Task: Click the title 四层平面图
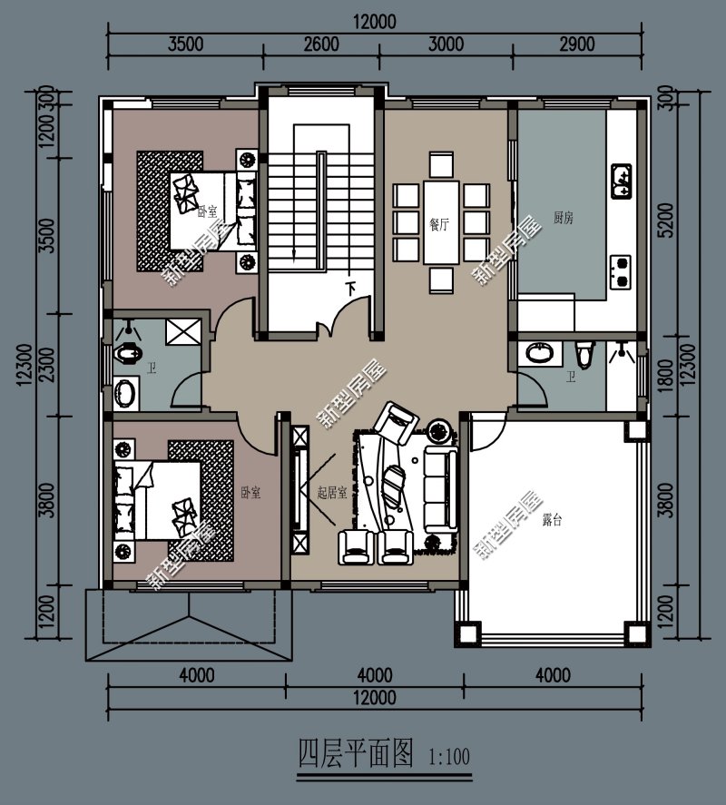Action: pyautogui.click(x=356, y=752)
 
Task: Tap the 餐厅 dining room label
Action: pyautogui.click(x=440, y=224)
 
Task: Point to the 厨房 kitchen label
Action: pyautogui.click(x=563, y=218)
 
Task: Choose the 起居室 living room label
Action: pyautogui.click(x=332, y=492)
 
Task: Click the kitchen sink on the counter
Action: pyautogui.click(x=623, y=182)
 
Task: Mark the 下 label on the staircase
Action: pyautogui.click(x=350, y=290)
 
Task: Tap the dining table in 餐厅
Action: pyautogui.click(x=441, y=221)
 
